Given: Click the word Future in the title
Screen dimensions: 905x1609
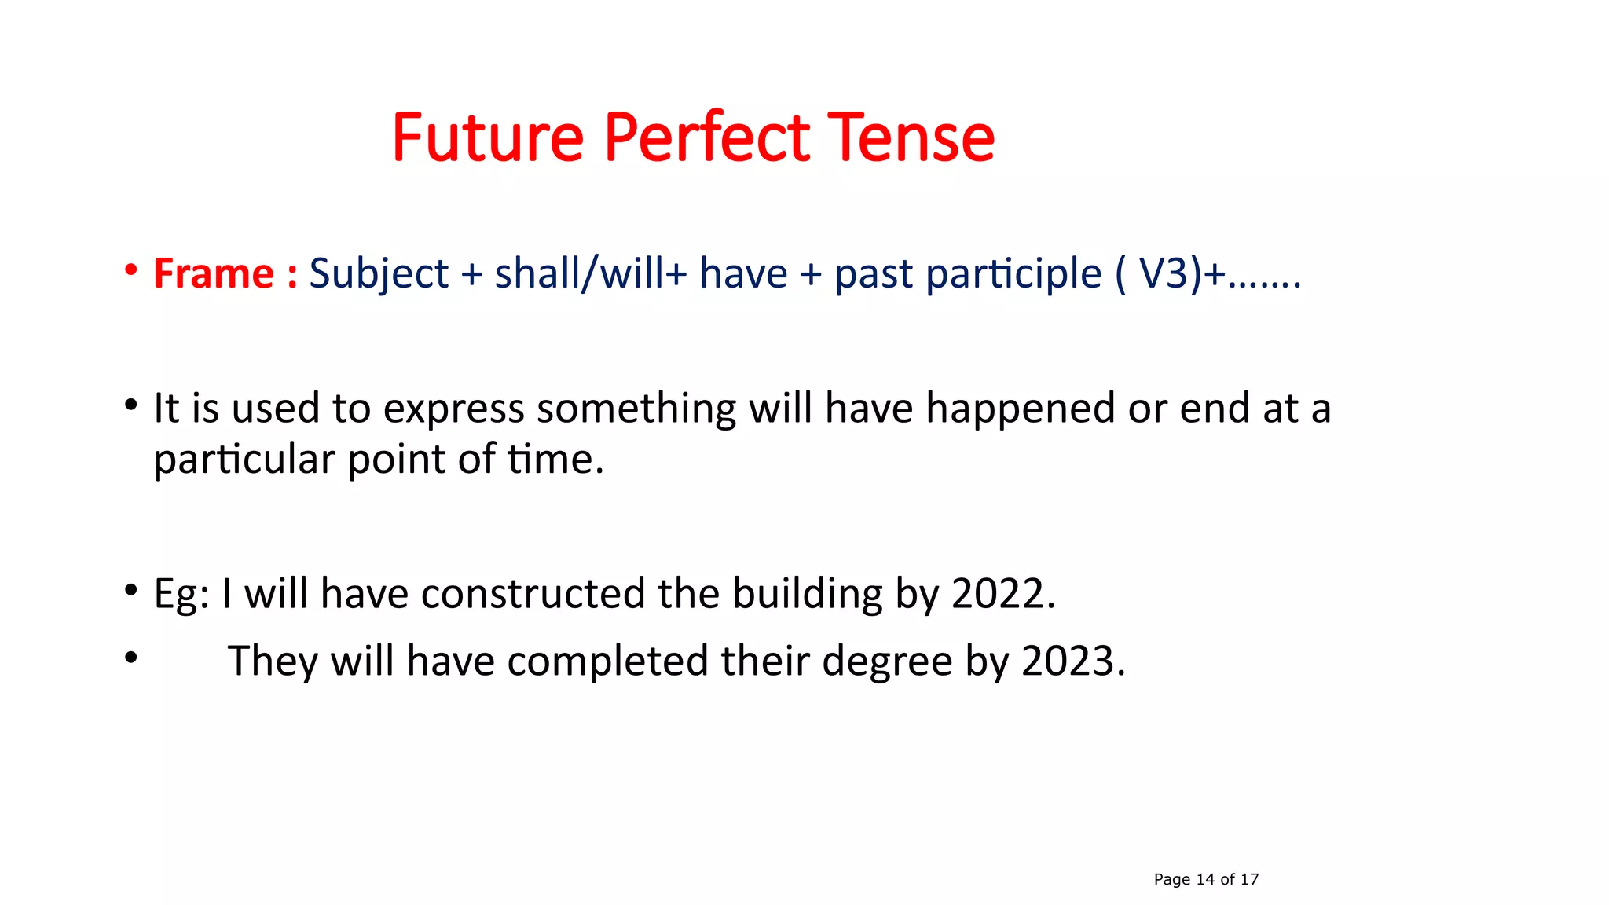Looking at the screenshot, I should (x=487, y=137).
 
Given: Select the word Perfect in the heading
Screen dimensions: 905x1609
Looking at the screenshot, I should (x=706, y=137).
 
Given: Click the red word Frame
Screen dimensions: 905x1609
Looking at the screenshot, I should (x=213, y=273).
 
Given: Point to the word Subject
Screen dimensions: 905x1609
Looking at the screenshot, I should (x=379, y=275).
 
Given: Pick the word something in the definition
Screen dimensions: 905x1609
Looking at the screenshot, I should (x=636, y=409).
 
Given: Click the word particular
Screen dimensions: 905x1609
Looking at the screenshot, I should (x=244, y=460).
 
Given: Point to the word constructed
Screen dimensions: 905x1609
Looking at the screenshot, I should (x=533, y=593).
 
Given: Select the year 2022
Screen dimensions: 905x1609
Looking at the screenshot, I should (x=999, y=593).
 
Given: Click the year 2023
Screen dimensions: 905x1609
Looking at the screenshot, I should (x=1068, y=661).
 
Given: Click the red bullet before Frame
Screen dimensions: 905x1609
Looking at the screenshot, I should (x=131, y=270).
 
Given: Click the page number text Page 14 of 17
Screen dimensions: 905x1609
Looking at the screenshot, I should (x=1206, y=879).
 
